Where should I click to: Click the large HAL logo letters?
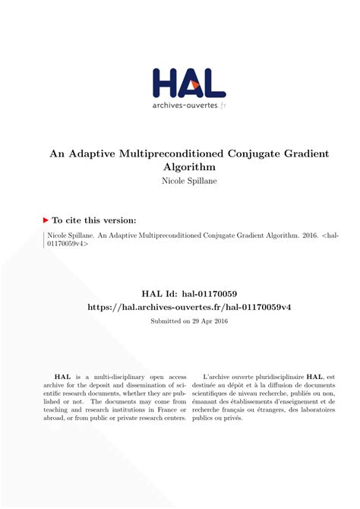[188, 83]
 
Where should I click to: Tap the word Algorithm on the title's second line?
[189, 166]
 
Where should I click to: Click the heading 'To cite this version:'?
[96, 218]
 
